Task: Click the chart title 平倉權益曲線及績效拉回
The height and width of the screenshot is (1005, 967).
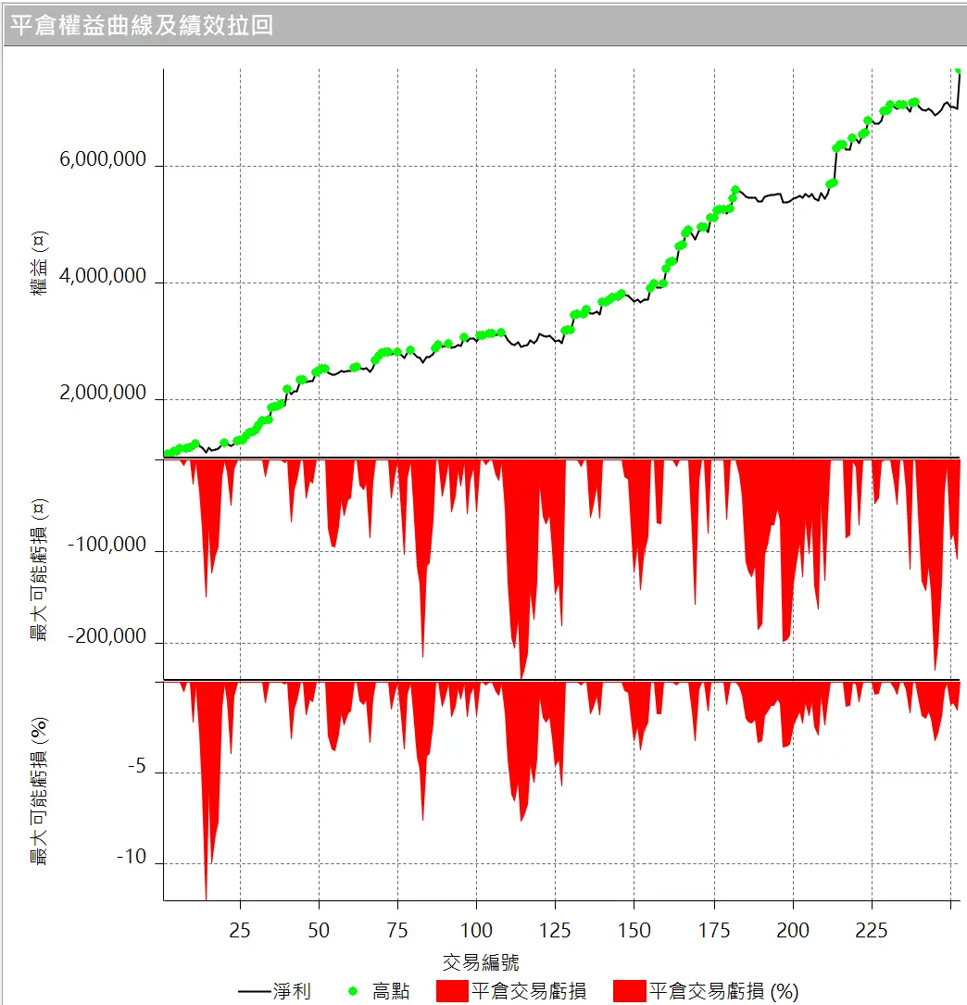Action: point(141,25)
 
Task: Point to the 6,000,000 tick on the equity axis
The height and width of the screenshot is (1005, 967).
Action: point(103,160)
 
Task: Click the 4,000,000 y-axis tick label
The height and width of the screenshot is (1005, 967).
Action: point(103,276)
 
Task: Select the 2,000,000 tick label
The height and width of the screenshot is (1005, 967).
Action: point(103,394)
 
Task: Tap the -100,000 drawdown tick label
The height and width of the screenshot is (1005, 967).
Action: point(107,545)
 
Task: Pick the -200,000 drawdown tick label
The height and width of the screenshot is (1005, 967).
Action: point(107,636)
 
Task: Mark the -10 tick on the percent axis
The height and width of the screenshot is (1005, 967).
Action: point(132,858)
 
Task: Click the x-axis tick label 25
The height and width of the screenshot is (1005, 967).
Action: point(240,930)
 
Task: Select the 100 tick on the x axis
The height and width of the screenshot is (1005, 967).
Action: point(476,930)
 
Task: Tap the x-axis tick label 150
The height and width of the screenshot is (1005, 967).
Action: point(634,930)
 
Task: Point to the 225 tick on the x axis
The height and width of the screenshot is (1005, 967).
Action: point(872,930)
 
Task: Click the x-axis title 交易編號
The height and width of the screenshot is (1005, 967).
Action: point(481,961)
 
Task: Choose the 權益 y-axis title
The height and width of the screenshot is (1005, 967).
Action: point(40,263)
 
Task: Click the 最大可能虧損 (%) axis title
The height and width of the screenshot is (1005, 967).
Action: point(40,791)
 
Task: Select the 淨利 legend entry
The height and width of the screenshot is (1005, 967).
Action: point(275,991)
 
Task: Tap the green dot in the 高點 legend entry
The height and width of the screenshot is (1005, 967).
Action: point(353,991)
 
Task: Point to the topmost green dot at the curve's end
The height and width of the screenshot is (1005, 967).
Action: point(958,69)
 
